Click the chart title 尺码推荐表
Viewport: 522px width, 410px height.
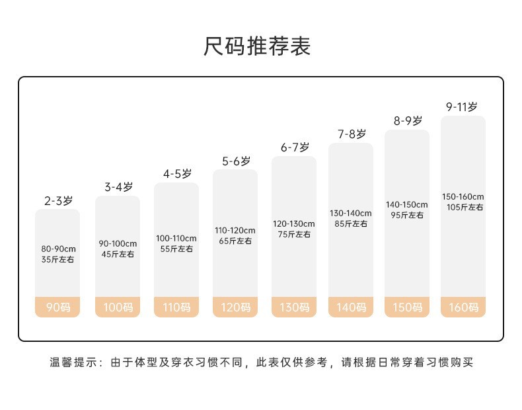[x=257, y=46]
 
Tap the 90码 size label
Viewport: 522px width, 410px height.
[x=57, y=307]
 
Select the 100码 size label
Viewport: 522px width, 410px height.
[x=118, y=307]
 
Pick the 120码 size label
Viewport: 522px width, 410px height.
[x=235, y=307]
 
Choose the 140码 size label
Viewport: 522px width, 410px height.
[x=351, y=307]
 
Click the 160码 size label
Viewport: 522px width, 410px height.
[x=463, y=307]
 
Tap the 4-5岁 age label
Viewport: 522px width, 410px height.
[x=176, y=174]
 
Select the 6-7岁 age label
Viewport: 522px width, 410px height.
[x=294, y=147]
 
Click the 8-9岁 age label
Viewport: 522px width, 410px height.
[x=407, y=121]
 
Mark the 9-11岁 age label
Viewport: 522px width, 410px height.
[x=462, y=106]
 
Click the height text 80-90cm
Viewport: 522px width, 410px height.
[x=58, y=249]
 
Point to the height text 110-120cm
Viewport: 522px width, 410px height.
[x=235, y=230]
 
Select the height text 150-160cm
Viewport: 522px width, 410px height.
[x=463, y=196]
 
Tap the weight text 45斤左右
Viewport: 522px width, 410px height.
[x=118, y=255]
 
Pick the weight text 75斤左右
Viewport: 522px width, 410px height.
[x=294, y=234]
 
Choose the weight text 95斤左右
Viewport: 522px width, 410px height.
[x=407, y=215]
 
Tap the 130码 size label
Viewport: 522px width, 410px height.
[x=294, y=307]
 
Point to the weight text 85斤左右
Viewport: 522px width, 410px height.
[x=351, y=224]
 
